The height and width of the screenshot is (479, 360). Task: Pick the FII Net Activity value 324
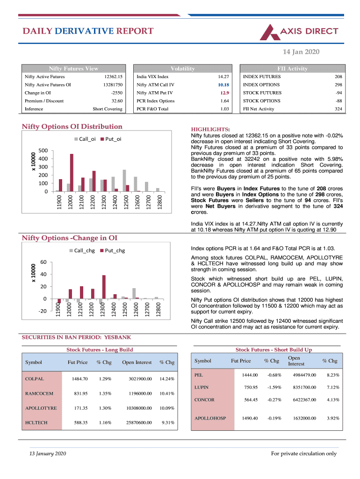pyautogui.click(x=338, y=109)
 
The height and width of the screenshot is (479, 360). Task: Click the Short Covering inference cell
pyautogui.click(x=108, y=109)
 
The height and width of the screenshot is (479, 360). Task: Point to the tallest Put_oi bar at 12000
pyautogui.click(x=72, y=172)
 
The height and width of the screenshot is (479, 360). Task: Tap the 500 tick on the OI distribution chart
pyautogui.click(x=43, y=150)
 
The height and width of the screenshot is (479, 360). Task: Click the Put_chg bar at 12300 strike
pyautogui.click(x=104, y=287)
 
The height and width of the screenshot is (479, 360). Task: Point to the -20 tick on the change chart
pyautogui.click(x=43, y=311)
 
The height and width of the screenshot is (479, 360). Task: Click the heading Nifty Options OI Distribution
pyautogui.click(x=72, y=126)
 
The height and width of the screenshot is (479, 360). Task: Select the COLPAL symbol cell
pyautogui.click(x=35, y=379)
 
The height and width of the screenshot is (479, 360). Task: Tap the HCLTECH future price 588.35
pyautogui.click(x=81, y=422)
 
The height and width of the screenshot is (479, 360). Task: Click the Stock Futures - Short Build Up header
pyautogui.click(x=274, y=349)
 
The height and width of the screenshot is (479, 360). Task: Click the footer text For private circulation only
pyautogui.click(x=304, y=453)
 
